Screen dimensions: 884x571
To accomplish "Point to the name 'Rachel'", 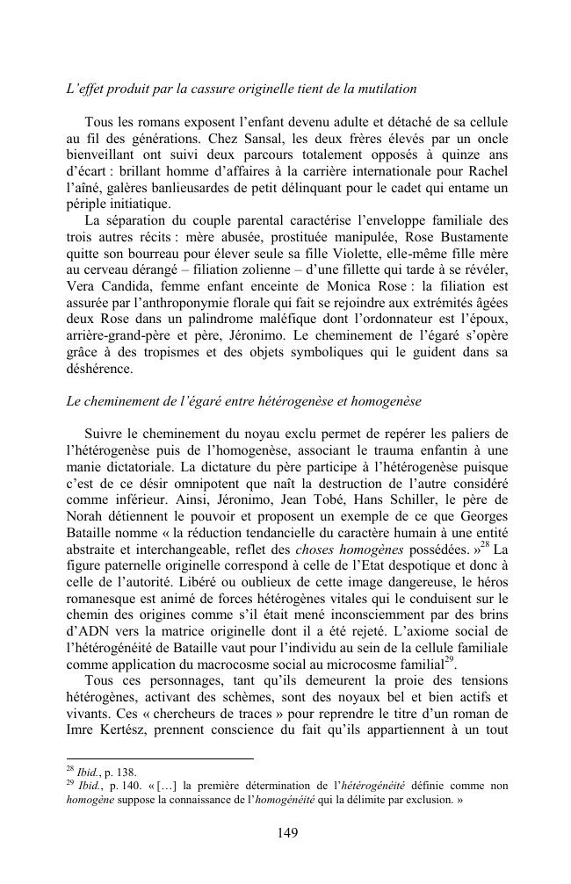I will click(487, 172).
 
